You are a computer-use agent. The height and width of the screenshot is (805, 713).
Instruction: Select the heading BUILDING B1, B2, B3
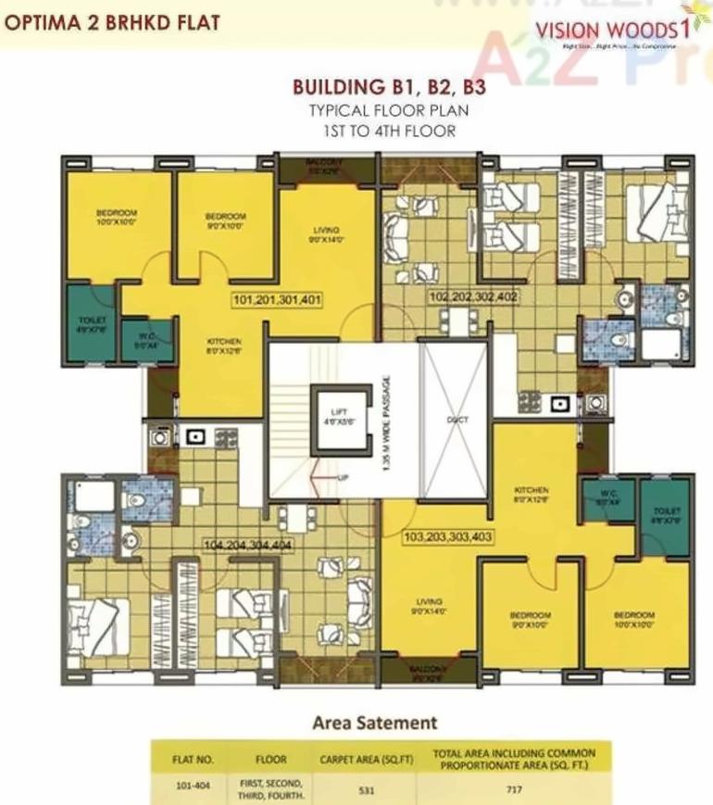pyautogui.click(x=389, y=89)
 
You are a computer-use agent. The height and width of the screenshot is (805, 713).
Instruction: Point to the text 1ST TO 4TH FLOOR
pyautogui.click(x=389, y=130)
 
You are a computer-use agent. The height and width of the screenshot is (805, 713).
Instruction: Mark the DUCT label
pyautogui.click(x=457, y=420)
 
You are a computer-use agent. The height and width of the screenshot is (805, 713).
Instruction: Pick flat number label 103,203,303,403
pyautogui.click(x=447, y=536)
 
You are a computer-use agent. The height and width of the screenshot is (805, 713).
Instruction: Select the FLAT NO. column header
pyautogui.click(x=194, y=760)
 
